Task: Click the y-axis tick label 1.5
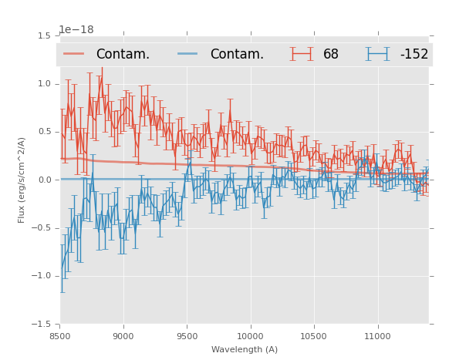44,36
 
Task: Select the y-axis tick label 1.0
44,84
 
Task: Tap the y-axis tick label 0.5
44,132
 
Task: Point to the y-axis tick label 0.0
44,180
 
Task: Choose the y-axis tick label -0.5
42,228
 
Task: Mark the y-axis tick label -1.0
42,276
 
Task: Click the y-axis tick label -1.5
42,325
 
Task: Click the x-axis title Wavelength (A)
245,349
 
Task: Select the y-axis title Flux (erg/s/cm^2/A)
22,180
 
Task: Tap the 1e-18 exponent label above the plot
76,30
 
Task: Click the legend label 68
331,55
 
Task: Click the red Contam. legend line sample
75,54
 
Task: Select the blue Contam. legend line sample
189,54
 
